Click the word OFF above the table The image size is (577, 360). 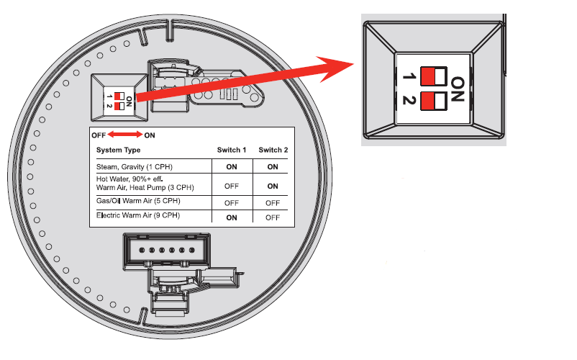coord(99,135)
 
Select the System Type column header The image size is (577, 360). coord(118,150)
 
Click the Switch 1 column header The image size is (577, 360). coord(232,150)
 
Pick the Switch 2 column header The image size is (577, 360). coord(273,150)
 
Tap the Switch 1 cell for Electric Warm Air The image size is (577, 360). coord(232,217)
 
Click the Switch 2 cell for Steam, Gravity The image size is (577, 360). coord(273,166)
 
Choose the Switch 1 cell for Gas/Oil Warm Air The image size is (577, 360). coord(232,202)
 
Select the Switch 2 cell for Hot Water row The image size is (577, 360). coord(273,185)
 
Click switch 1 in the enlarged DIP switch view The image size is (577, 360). coord(433,76)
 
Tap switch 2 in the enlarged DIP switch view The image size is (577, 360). coord(433,101)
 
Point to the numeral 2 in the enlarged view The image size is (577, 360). coord(409,101)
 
